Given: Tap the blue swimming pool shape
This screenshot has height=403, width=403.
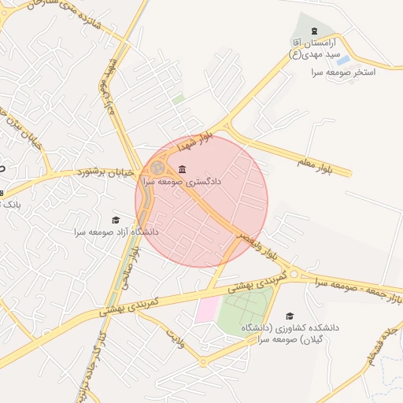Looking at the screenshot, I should point(343,60).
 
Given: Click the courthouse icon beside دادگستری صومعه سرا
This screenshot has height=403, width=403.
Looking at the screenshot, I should point(183,169).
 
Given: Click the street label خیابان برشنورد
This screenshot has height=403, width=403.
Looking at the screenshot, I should point(108,171).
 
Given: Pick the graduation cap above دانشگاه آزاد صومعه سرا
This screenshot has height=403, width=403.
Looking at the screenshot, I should point(116,220).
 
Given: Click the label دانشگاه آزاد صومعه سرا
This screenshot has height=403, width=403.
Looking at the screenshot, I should point(116,232).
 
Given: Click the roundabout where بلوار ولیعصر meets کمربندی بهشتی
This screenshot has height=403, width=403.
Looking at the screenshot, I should point(294,274).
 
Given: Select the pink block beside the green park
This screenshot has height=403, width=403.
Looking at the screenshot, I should point(205,310).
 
